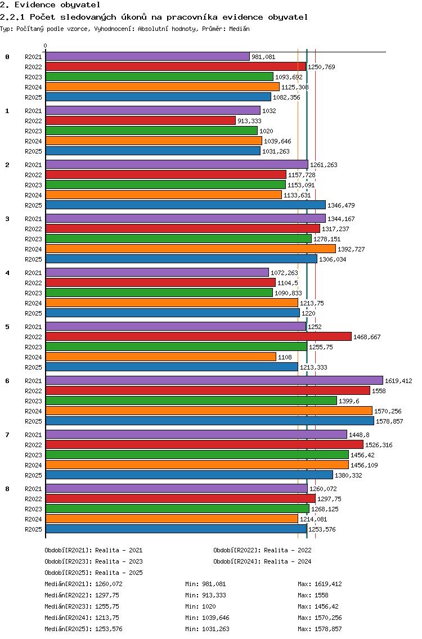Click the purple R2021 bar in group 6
tap(214, 381)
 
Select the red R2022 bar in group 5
tap(199, 336)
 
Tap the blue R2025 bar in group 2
tap(186, 205)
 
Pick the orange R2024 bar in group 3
tap(191, 249)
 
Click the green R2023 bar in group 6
tap(191, 401)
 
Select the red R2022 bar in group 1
tap(141, 120)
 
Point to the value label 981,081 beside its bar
tap(263, 57)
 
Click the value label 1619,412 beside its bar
tap(398, 381)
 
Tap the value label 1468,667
tap(367, 337)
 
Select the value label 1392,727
tap(351, 249)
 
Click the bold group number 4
tap(7, 273)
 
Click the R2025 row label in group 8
tap(33, 529)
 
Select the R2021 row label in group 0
tap(33, 57)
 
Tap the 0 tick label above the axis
tap(45, 46)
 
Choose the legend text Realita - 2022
tap(288, 550)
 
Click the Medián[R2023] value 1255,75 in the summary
tap(107, 606)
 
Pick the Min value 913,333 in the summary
tap(214, 595)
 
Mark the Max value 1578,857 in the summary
tap(328, 629)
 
